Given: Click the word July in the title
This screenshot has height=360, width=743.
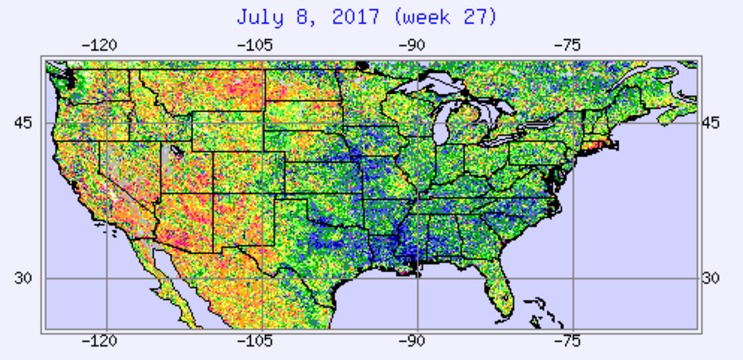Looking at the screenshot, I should [260, 18].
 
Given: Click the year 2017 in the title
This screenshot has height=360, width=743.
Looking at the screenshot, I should [356, 18].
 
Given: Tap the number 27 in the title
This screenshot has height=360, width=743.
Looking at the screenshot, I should [477, 18].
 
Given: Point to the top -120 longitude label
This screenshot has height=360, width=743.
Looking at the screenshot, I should [99, 45].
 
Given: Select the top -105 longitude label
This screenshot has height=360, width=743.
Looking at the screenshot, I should [254, 45].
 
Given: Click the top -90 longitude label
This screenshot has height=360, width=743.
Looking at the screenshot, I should [412, 45].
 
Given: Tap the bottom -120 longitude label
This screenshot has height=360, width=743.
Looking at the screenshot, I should [99, 341].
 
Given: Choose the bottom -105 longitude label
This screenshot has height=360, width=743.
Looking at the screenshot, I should [254, 341].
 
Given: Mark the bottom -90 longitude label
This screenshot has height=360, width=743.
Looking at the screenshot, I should [412, 341].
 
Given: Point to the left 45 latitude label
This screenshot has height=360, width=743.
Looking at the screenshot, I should [23, 123].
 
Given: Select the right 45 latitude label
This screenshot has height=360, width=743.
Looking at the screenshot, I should [710, 123].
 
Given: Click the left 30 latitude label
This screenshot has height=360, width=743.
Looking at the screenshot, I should [23, 278].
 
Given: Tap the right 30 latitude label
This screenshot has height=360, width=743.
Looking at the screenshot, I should [710, 278].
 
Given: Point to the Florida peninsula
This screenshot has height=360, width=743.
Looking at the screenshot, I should [500, 289].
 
